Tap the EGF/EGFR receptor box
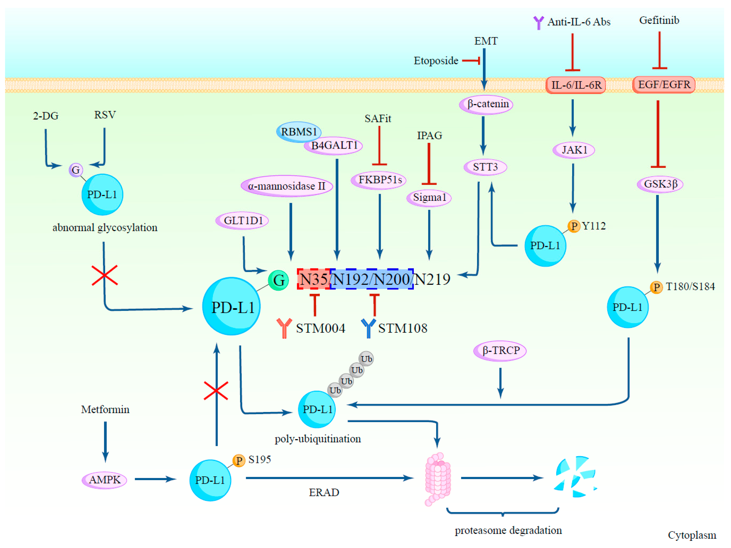coord(664,85)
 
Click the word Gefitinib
coord(659,20)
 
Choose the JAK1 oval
coord(574,150)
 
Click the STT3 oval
coord(485,167)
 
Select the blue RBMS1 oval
coord(298,132)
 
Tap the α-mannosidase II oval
coord(286,186)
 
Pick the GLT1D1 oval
coord(242,220)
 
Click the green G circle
coord(278,280)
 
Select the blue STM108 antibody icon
coord(368,328)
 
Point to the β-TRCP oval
coord(500,350)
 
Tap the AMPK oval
coord(104,480)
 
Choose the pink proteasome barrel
coord(438,479)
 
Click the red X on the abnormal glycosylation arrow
coord(104,275)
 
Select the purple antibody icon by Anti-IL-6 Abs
coord(538,23)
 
